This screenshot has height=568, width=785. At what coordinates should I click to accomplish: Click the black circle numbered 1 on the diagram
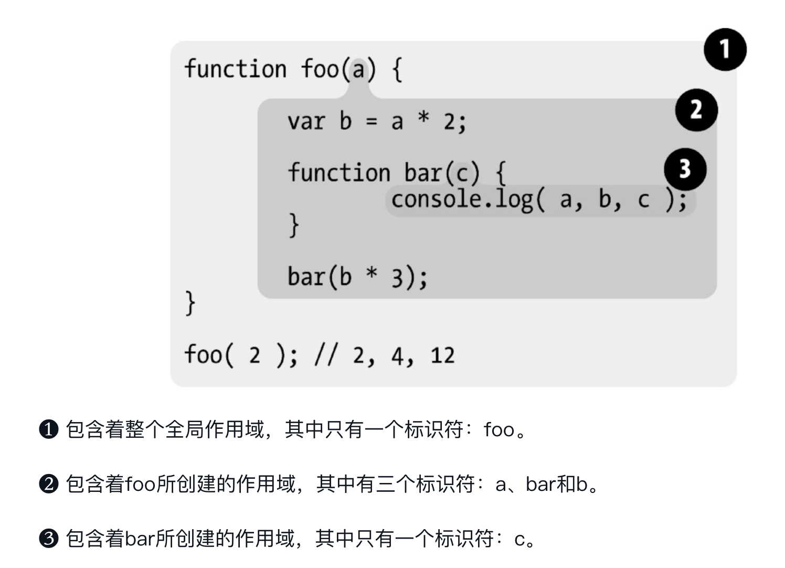[725, 50]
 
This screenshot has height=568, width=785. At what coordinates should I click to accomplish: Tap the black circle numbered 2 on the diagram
[696, 110]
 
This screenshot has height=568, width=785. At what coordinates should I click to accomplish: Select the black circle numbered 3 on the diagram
[685, 169]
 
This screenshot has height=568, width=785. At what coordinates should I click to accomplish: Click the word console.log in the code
[462, 200]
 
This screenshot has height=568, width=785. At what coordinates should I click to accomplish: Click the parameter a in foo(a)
[358, 70]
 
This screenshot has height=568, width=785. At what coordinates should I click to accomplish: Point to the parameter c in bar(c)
[462, 174]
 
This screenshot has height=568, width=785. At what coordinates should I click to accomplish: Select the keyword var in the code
[306, 122]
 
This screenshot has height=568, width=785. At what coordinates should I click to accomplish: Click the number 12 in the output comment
[442, 356]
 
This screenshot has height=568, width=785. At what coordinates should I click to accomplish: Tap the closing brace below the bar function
[294, 225]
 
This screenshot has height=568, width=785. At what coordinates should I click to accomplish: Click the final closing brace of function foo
[190, 303]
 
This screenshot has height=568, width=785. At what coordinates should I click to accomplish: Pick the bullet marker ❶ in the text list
[49, 430]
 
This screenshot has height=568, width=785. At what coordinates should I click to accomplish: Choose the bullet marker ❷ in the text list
[49, 484]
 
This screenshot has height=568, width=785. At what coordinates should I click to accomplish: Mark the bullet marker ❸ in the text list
[49, 539]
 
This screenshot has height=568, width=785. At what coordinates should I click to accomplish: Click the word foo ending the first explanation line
[499, 430]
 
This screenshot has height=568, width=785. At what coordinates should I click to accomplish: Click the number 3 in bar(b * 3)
[397, 278]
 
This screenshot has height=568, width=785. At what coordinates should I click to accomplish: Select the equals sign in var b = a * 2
[371, 122]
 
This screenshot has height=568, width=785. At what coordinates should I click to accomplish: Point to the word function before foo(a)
[236, 69]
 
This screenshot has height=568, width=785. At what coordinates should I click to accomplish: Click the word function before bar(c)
[339, 173]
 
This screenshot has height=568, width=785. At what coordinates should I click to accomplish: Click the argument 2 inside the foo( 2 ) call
[254, 356]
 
